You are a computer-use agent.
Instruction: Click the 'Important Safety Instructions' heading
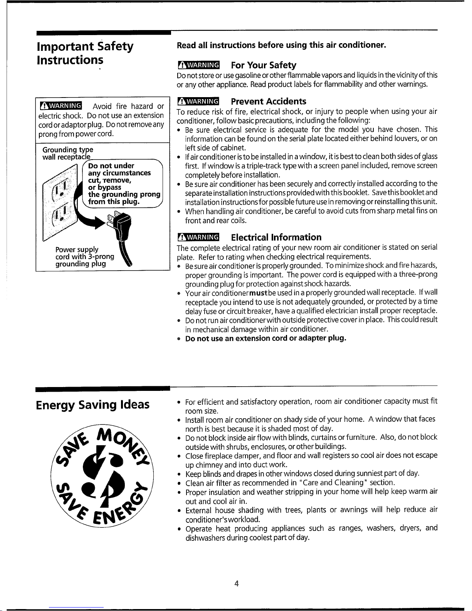point(85,53)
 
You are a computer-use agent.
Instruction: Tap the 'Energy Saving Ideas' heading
point(92,405)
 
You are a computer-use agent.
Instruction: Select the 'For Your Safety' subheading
point(264,65)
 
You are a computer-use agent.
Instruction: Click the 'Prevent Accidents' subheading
point(269,101)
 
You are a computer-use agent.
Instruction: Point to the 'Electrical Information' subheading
point(276,237)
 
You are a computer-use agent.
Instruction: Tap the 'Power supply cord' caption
point(85,257)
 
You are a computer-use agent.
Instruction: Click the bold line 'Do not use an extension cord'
point(266,338)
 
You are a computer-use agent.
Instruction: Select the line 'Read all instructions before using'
point(281,45)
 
